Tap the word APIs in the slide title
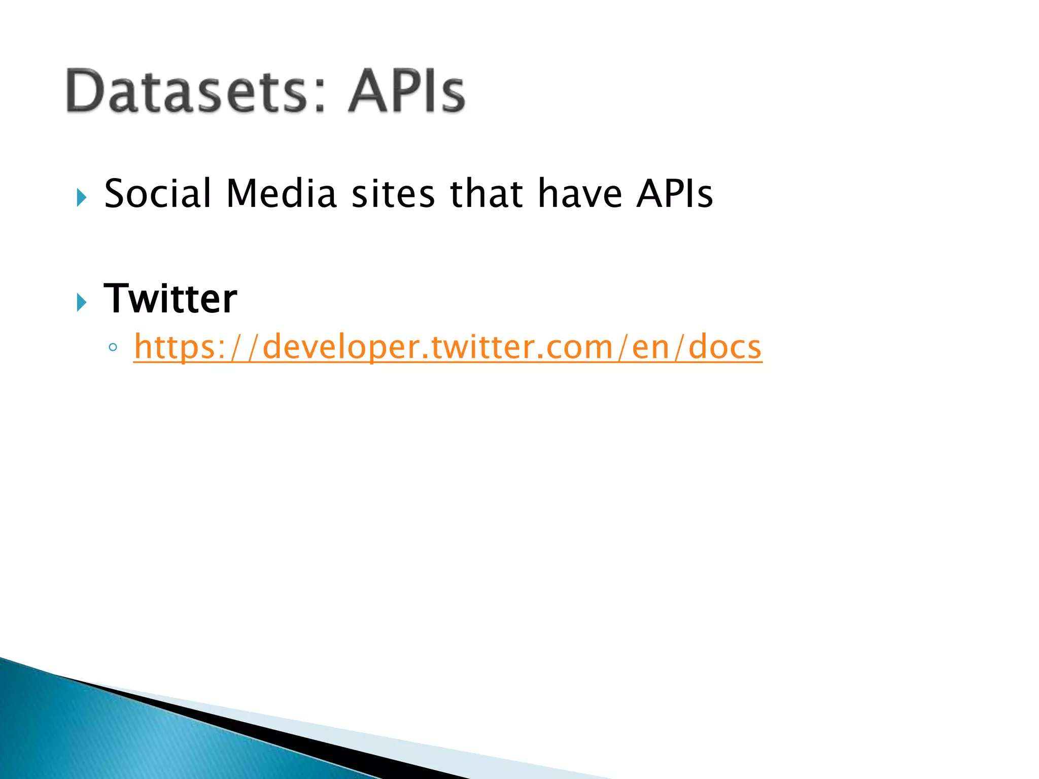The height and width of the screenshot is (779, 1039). [406, 91]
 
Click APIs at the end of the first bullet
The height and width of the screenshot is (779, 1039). [675, 194]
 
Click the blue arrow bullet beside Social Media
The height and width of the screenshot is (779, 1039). [81, 197]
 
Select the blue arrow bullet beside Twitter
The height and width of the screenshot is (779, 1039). [81, 303]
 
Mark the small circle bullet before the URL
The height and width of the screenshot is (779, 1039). [113, 348]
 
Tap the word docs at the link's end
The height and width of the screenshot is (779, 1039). [725, 347]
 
